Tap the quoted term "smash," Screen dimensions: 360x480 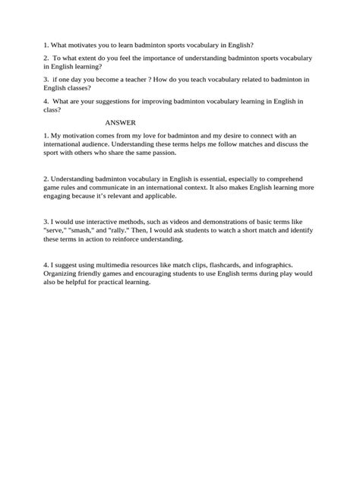(x=83, y=231)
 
